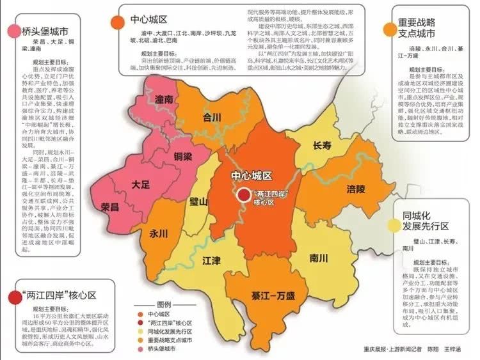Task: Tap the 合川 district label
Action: point(212,118)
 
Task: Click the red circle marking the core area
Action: point(243,196)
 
